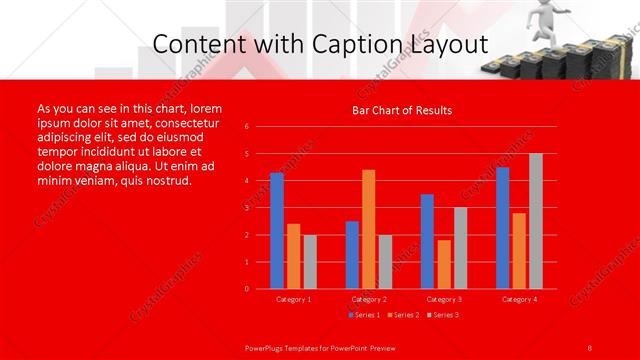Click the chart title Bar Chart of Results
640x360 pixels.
pos(401,110)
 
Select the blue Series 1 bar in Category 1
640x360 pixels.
pos(277,231)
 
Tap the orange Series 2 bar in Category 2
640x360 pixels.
pos(368,229)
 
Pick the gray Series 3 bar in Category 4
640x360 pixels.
pos(536,221)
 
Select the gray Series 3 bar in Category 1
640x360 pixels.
pos(310,262)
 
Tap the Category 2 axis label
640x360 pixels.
pos(369,299)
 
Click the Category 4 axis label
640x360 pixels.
pos(519,299)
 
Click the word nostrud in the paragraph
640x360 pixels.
pos(164,181)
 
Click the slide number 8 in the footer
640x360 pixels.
pos(590,346)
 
